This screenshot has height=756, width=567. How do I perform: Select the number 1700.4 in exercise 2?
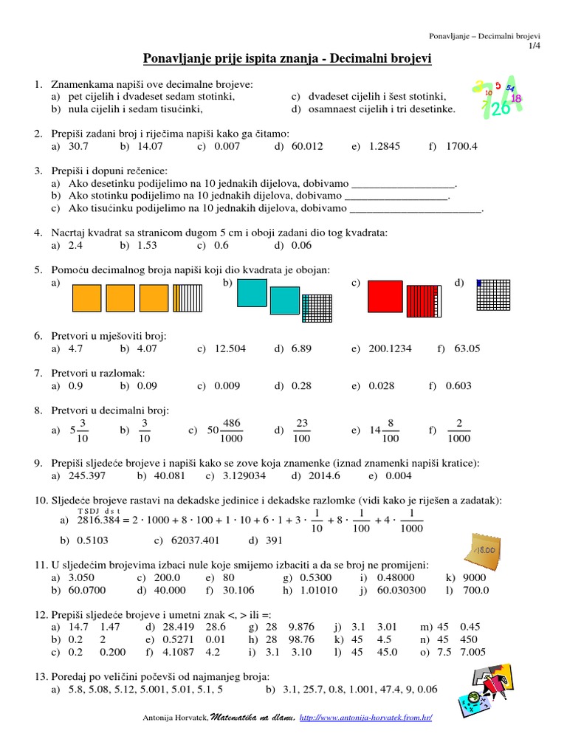click(x=461, y=146)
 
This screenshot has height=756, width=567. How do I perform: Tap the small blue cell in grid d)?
click(x=479, y=283)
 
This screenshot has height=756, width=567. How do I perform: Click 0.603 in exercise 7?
click(x=458, y=385)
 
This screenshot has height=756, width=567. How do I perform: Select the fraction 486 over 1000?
click(x=231, y=430)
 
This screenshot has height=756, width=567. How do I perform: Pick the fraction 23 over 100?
click(x=301, y=430)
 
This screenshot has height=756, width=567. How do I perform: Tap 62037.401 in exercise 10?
click(x=195, y=540)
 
